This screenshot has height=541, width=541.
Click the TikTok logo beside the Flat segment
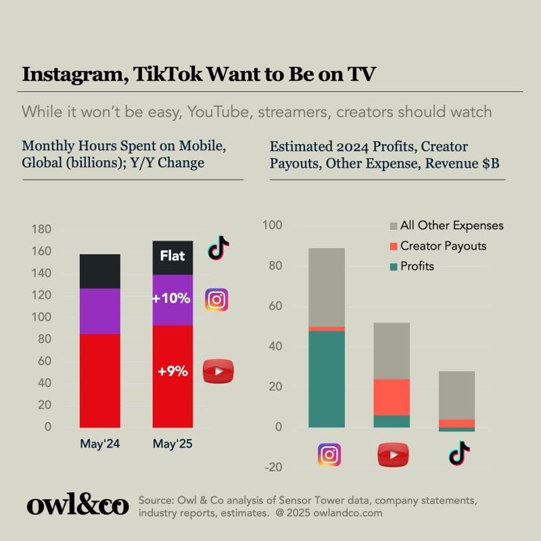(x=218, y=248)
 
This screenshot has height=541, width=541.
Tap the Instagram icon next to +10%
(x=216, y=299)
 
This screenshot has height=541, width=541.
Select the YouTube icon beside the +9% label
(x=218, y=371)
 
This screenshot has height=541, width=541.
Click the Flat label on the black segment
(x=172, y=256)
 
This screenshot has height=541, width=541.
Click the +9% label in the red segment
(x=172, y=371)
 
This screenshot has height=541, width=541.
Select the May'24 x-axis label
(x=99, y=444)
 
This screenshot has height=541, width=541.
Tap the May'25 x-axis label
(x=172, y=444)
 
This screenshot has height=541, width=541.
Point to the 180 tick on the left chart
(x=42, y=230)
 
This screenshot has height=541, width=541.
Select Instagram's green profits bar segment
(x=327, y=379)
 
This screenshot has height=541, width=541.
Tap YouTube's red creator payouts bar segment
(x=392, y=397)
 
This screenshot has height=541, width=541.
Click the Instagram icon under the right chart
(x=329, y=455)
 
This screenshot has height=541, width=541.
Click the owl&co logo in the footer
(x=77, y=505)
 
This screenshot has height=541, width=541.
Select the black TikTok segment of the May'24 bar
(x=100, y=271)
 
